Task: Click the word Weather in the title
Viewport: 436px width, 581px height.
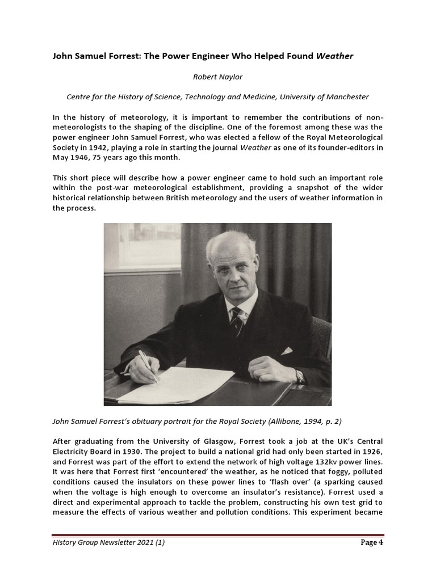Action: [334, 56]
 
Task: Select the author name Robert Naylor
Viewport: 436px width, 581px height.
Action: [218, 76]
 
